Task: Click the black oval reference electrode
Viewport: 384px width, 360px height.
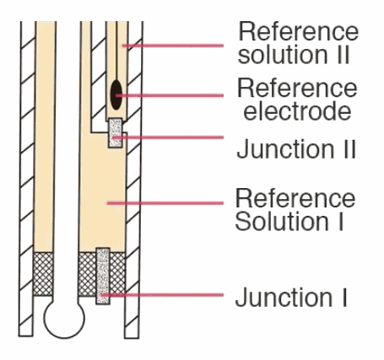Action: pos(116,94)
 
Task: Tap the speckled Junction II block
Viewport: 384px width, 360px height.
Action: pos(116,132)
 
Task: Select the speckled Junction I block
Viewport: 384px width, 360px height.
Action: pos(103,276)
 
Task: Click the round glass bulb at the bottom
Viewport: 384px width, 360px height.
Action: pos(64,319)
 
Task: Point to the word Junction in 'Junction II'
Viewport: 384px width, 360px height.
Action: pos(285,149)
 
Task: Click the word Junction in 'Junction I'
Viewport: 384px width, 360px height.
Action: pos(284,298)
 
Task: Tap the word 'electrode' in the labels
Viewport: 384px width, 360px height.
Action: pos(297,111)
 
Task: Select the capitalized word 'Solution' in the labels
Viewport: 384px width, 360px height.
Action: pos(282,221)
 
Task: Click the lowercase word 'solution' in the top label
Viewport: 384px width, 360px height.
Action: pos(283,54)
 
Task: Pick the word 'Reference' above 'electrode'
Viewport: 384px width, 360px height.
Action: pos(297,88)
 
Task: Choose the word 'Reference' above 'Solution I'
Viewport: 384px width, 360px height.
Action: pos(295,198)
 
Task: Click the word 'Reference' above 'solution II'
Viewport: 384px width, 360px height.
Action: pos(299,31)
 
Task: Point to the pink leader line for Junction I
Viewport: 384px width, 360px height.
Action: pos(162,295)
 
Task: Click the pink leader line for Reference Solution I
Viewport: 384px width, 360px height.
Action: pos(165,203)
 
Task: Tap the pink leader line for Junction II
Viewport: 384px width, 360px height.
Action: pos(168,137)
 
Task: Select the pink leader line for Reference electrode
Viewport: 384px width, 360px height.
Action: pos(170,95)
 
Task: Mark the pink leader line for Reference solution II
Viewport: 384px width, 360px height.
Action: pos(173,46)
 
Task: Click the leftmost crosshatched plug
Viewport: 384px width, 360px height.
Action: pos(43,274)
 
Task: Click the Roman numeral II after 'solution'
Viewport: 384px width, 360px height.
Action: pos(342,54)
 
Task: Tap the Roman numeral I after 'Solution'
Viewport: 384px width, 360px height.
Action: pos(340,221)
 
